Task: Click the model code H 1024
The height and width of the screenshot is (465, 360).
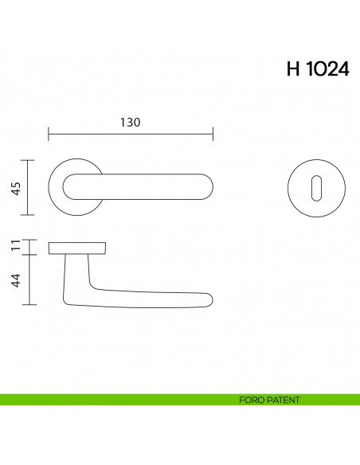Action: (316, 69)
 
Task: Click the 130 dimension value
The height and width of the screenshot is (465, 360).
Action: (130, 123)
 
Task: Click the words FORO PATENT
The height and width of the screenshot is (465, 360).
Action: (269, 400)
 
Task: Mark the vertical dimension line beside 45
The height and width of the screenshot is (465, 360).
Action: (29, 188)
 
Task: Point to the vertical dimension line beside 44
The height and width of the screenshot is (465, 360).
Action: (29, 279)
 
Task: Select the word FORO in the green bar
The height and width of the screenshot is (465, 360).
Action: (250, 400)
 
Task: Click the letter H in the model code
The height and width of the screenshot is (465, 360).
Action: (292, 69)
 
